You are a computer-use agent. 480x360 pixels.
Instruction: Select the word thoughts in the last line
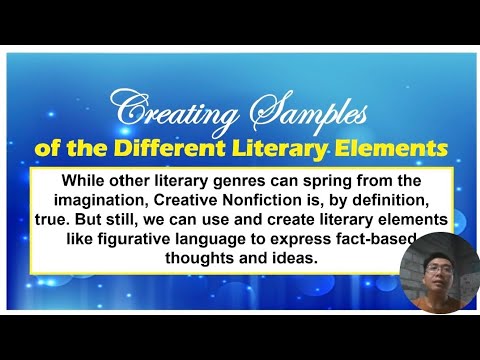[x=191, y=257]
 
